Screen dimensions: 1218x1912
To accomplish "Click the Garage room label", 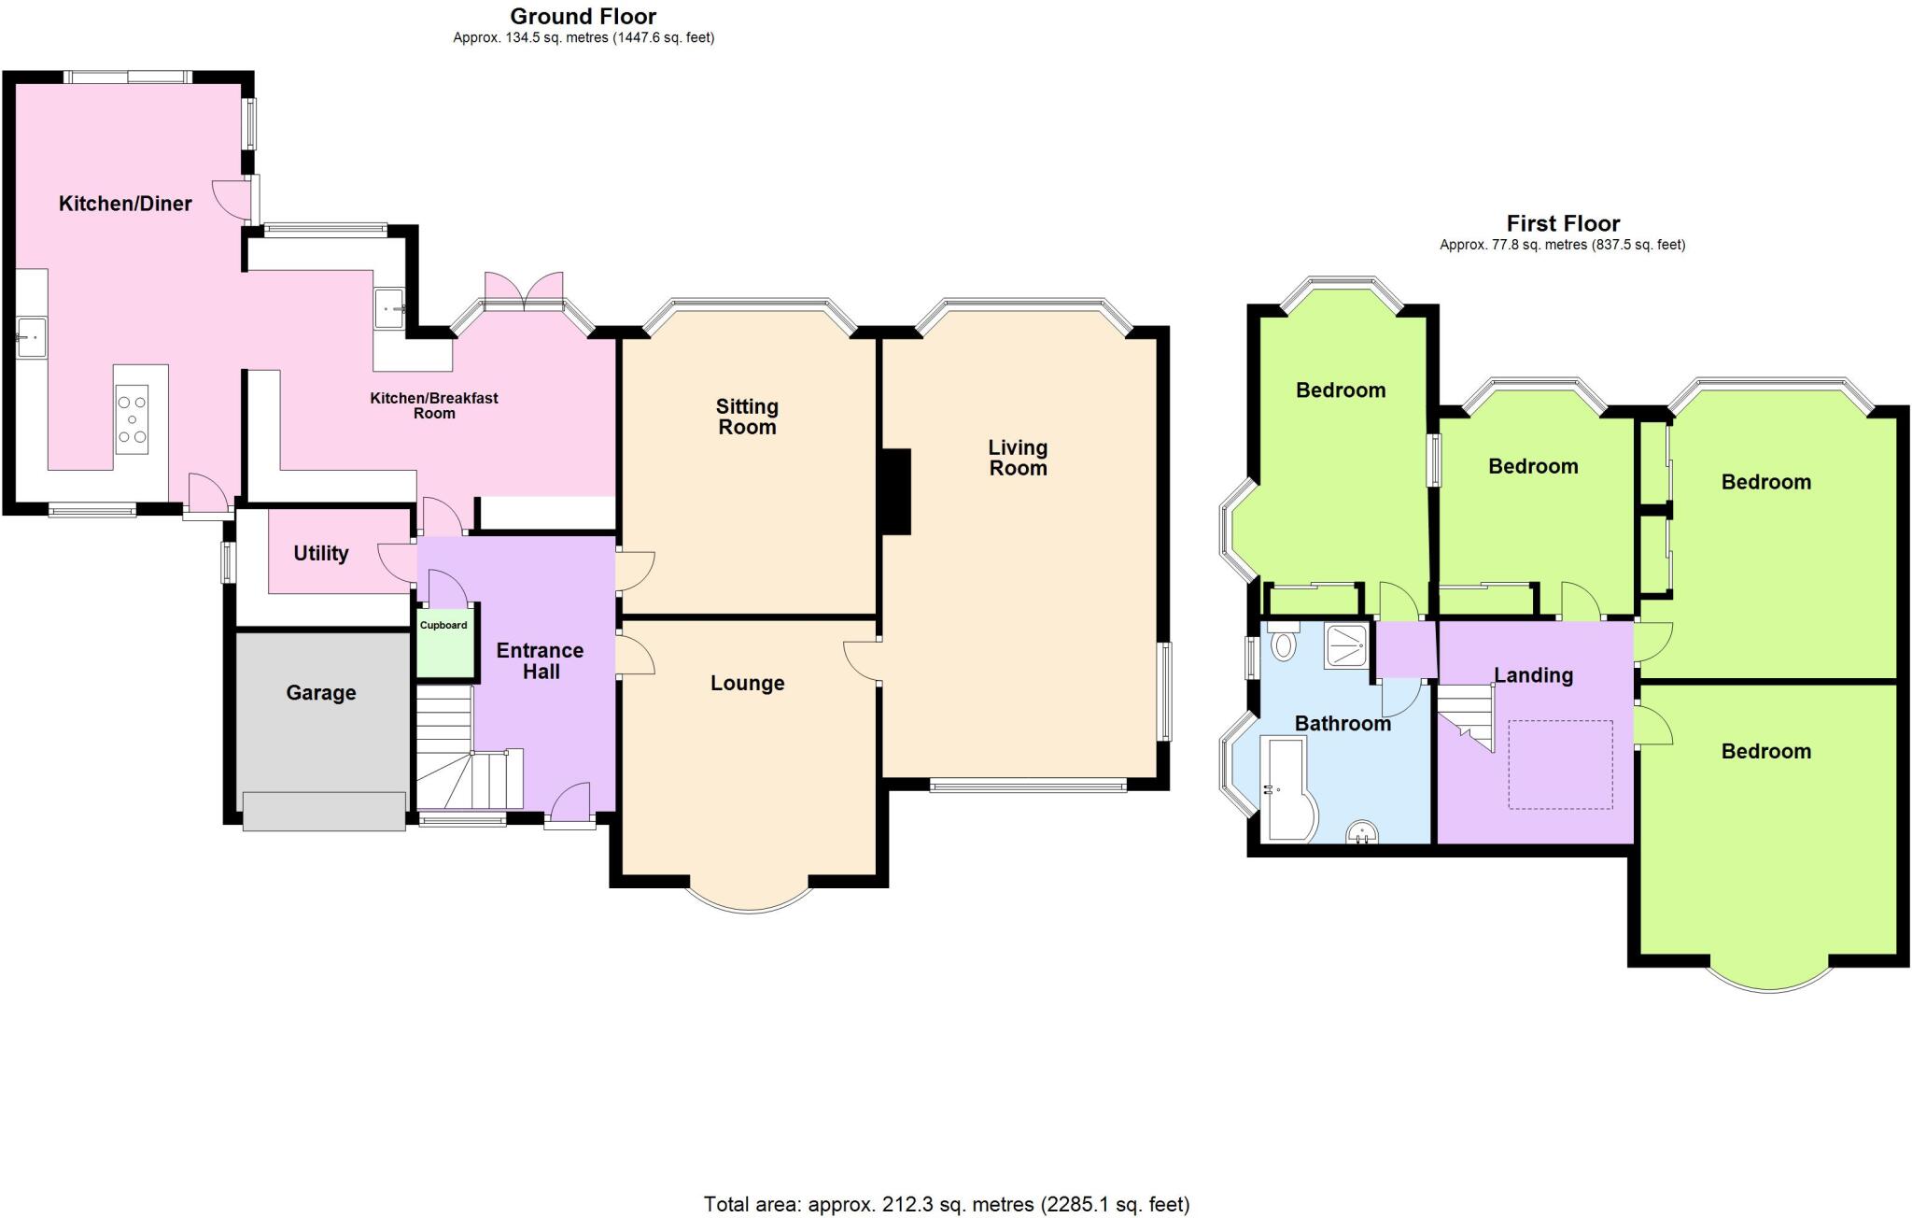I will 320,693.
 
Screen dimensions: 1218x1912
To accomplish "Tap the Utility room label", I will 320,553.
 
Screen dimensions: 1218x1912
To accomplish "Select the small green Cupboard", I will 443,644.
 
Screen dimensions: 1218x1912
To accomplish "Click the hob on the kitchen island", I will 132,419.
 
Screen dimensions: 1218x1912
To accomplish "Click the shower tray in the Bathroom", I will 1345,646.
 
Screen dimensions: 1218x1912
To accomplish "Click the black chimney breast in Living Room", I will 896,491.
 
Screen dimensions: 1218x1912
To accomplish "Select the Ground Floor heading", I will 583,16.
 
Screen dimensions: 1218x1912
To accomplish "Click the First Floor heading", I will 1563,223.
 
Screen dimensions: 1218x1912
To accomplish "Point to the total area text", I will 946,1204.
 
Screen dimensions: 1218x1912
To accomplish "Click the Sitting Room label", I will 747,417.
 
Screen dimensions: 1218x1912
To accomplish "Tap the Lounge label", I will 747,683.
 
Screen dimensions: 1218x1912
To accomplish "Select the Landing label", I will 1533,675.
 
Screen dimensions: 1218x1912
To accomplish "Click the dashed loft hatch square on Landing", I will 1560,764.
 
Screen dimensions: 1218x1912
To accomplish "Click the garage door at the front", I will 324,811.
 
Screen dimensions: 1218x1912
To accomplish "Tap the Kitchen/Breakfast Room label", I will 434,404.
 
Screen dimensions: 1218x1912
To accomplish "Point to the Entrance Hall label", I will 540,660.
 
